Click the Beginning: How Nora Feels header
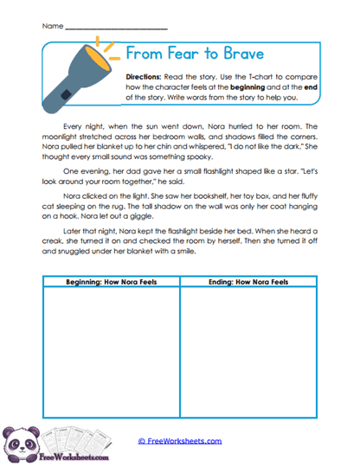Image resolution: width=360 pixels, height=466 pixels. click(109, 282)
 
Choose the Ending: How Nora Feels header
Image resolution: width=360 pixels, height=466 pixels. click(248, 282)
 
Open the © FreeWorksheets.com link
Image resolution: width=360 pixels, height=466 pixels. click(180, 441)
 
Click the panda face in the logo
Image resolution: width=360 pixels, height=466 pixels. click(17, 439)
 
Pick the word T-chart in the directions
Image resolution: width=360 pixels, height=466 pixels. click(267, 76)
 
